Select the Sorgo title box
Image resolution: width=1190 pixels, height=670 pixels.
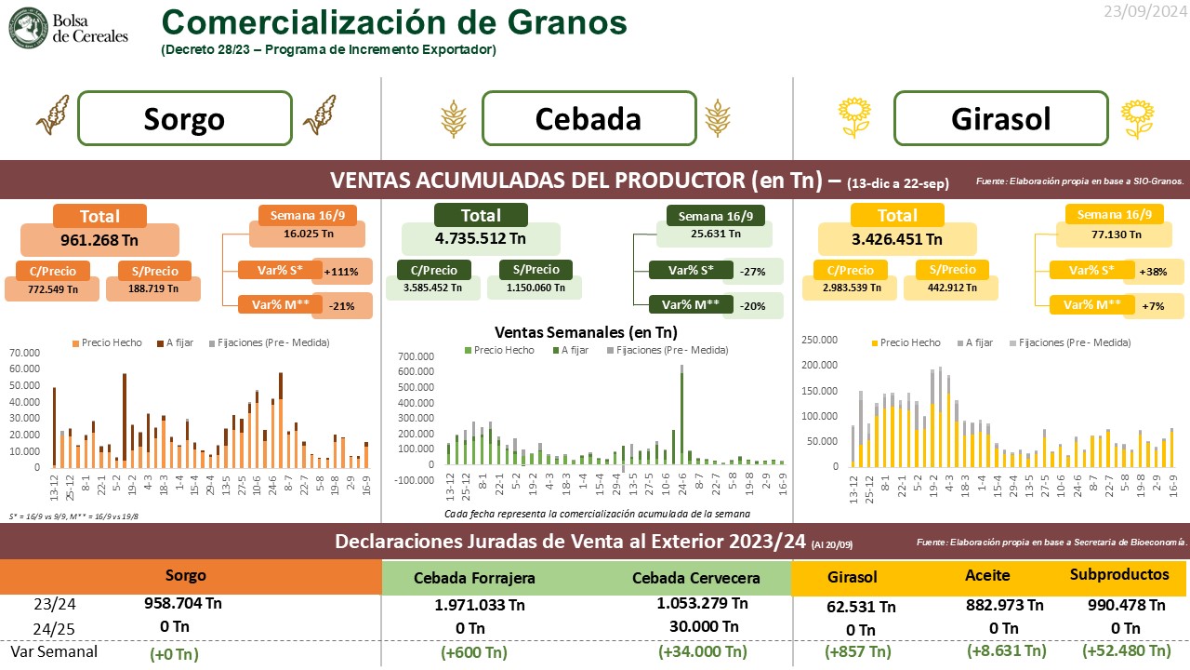pos(184,118)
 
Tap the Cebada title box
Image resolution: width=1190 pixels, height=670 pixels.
pos(588,118)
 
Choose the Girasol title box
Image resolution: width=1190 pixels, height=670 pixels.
pos(1000,118)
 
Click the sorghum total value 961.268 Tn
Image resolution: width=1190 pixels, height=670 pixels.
pos(99,239)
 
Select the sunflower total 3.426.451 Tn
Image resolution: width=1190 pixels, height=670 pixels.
pos(897,239)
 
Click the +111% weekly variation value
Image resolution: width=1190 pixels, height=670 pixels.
pos(342,272)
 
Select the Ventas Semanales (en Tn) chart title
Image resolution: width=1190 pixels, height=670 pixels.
pos(586,331)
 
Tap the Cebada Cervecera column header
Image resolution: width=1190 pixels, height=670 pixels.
pos(695,578)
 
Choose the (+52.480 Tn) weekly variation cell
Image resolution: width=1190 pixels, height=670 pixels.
pos(1126,650)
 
